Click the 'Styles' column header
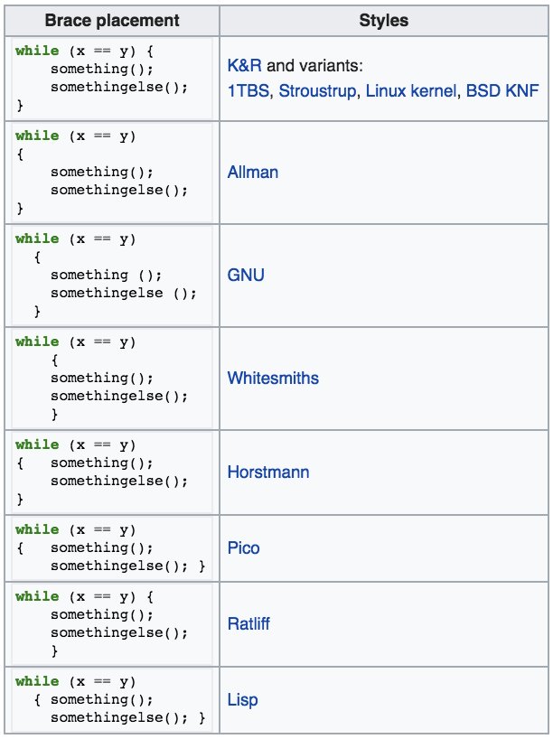point(383,19)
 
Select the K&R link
point(245,68)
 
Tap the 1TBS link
point(250,91)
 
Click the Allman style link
point(252,172)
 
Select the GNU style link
point(246,275)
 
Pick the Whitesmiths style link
point(273,378)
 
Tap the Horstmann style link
point(268,472)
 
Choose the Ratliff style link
point(248,623)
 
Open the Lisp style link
point(243,700)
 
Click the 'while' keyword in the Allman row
point(37,136)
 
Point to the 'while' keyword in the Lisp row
point(37,681)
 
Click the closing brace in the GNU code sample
point(37,312)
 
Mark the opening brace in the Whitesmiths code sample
point(55,360)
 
